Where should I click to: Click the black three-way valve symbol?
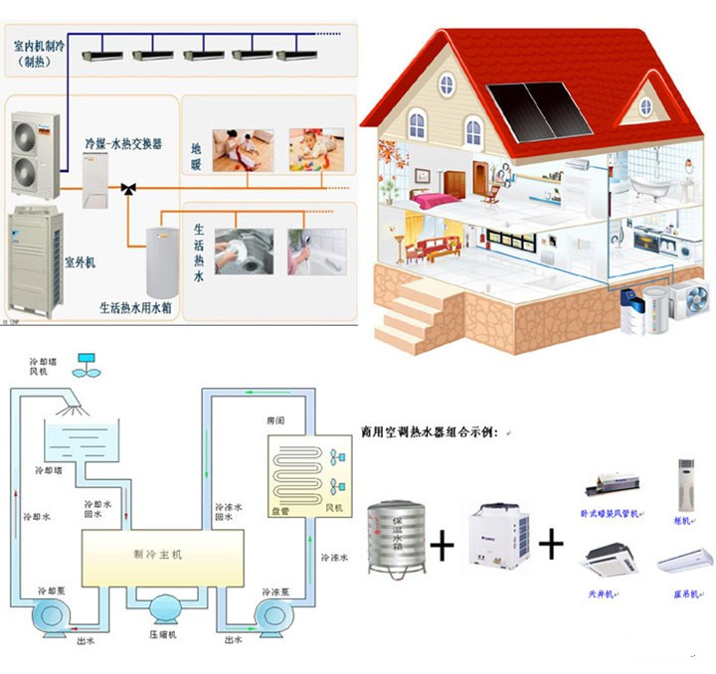[x=128, y=187]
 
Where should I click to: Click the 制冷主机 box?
[x=162, y=554]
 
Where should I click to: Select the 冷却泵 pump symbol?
[x=48, y=615]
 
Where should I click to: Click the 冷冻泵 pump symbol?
[x=273, y=615]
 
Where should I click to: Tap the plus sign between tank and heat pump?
[x=441, y=545]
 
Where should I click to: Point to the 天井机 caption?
[x=599, y=593]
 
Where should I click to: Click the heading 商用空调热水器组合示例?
[x=434, y=434]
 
